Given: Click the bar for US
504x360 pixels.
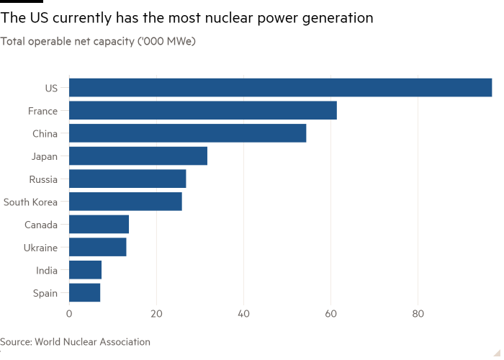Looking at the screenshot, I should [x=281, y=88].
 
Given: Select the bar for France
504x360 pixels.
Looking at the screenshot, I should [x=203, y=111].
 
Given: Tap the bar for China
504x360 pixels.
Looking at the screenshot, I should [x=188, y=133].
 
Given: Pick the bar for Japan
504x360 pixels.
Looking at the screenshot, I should [x=138, y=156].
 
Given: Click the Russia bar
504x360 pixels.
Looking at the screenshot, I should [x=128, y=179].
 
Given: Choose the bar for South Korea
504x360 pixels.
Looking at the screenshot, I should [x=126, y=202].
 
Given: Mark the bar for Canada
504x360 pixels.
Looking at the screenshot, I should [x=99, y=225].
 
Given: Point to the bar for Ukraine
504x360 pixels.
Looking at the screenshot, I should [x=98, y=247].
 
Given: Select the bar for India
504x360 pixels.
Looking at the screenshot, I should [x=86, y=270].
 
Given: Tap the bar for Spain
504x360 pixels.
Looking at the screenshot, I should [x=85, y=292].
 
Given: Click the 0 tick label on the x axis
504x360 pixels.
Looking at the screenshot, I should [x=69, y=314].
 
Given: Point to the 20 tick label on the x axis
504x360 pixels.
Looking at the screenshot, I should [x=156, y=314].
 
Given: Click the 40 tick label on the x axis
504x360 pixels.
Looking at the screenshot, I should [x=244, y=314].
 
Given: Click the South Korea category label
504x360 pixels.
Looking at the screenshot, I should [x=30, y=202].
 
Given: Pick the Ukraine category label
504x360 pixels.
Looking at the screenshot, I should [x=40, y=248].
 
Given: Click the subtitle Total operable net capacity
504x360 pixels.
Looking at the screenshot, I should [x=98, y=42].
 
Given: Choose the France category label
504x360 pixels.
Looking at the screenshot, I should [x=42, y=112].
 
